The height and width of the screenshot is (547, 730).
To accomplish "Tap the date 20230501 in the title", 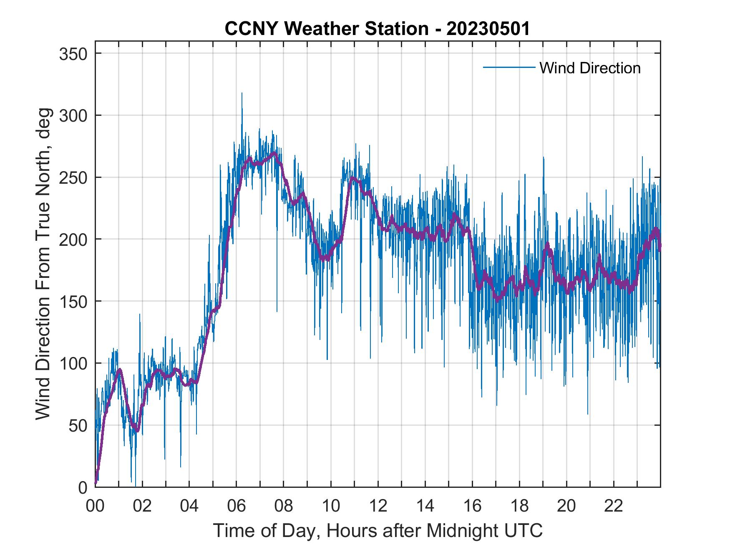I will coord(488,29).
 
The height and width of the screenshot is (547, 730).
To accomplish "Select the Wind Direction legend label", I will coord(590,68).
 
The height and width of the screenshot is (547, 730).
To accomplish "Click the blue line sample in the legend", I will coord(508,67).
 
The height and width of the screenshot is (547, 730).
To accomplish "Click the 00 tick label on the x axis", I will coord(95,506).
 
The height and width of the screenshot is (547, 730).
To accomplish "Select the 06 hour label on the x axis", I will coord(236,506).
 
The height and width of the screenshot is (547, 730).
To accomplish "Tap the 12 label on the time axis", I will coord(378,506).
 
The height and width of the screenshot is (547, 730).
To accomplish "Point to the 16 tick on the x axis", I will coord(472,506).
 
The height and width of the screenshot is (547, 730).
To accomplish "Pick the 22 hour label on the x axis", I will coord(614,506).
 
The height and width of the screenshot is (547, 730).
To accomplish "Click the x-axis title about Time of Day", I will coord(378,531).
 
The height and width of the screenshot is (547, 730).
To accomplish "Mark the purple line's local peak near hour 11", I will coord(353,178).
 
